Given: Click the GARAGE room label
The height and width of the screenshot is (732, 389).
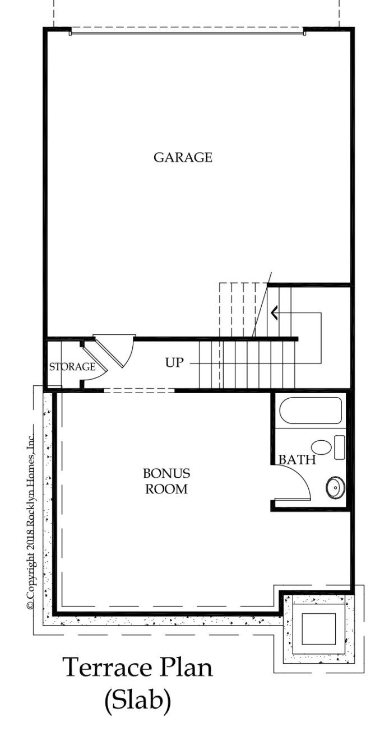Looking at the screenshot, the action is click(x=183, y=157).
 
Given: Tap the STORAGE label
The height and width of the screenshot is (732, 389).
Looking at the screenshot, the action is click(x=72, y=367).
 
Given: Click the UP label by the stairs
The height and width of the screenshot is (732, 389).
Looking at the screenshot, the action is click(x=174, y=362).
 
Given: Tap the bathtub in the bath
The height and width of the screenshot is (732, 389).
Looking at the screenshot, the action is click(x=311, y=410).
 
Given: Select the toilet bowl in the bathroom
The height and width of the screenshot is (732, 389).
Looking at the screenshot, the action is click(x=321, y=447).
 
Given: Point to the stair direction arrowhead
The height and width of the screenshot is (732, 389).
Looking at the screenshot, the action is click(x=275, y=313).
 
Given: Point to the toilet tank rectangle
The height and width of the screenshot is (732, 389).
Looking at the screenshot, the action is click(x=340, y=447).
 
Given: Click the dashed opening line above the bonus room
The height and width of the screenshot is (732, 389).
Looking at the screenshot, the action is click(x=139, y=390).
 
